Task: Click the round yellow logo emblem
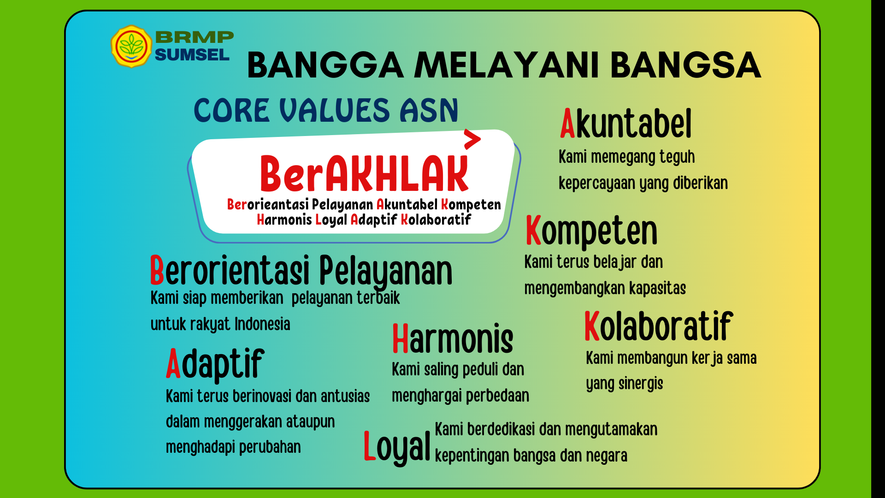pyautogui.click(x=131, y=46)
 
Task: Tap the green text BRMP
pyautogui.click(x=195, y=37)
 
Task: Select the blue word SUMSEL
pyautogui.click(x=192, y=55)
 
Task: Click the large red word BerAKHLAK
pyautogui.click(x=364, y=173)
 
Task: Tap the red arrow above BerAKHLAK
pyautogui.click(x=472, y=139)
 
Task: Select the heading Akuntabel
pyautogui.click(x=626, y=123)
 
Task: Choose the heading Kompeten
pyautogui.click(x=591, y=231)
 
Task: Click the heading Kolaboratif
pyautogui.click(x=658, y=326)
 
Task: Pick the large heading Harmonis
pyautogui.click(x=452, y=338)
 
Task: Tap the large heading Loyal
pyautogui.click(x=397, y=446)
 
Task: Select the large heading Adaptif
pyautogui.click(x=215, y=364)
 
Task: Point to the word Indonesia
pyautogui.click(x=262, y=324)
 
